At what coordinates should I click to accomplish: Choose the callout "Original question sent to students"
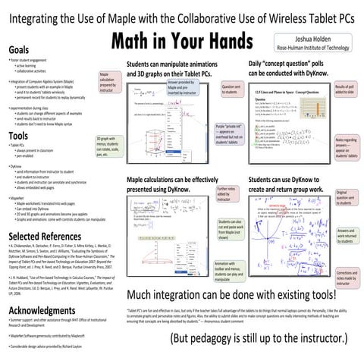(x=346, y=200)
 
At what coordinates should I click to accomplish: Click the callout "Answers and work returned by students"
(x=346, y=236)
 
